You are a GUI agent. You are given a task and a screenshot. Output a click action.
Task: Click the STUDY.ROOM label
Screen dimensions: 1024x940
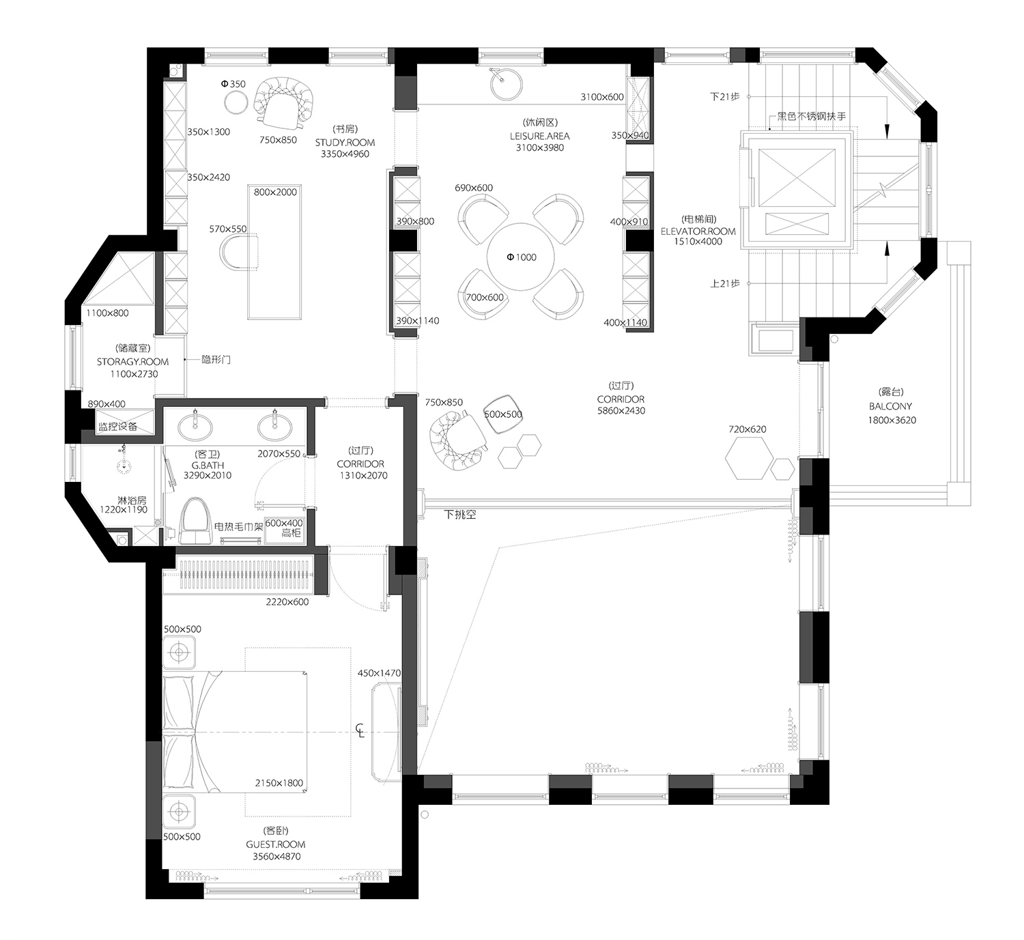[x=345, y=143]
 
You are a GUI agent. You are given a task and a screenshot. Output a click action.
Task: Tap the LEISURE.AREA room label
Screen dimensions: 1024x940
[x=539, y=137]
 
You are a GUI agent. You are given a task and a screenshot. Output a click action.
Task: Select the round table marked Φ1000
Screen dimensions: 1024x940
[x=521, y=257]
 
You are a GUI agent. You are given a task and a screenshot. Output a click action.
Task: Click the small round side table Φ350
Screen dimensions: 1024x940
[x=236, y=103]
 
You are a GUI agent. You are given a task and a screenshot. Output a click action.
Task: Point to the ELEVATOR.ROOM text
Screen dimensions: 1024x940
[x=698, y=231]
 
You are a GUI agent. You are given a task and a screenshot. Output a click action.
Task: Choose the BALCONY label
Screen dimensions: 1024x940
[x=891, y=406]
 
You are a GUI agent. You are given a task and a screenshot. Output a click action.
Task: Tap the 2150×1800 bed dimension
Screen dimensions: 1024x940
[x=279, y=783]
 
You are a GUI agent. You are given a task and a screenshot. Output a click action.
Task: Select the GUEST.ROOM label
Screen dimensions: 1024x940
[x=276, y=844]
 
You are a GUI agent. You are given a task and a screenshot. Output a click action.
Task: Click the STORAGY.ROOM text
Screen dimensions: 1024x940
[x=132, y=362]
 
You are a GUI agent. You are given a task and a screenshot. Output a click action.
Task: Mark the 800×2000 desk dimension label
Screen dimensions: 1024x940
[x=275, y=192]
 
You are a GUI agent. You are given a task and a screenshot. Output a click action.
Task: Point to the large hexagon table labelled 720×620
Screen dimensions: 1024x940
[x=748, y=459]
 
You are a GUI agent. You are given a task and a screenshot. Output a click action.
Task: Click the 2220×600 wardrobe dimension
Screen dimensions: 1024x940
[x=287, y=602]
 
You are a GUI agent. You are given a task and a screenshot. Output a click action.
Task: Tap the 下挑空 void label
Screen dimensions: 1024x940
[x=459, y=515]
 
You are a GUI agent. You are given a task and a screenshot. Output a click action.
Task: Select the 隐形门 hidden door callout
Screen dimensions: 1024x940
[x=216, y=360]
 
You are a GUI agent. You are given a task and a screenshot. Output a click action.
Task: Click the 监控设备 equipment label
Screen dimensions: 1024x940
[x=118, y=427]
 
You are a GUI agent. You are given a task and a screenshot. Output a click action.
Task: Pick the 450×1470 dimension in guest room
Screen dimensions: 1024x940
[x=379, y=673]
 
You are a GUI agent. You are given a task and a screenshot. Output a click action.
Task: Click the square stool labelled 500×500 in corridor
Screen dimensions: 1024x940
[x=503, y=414]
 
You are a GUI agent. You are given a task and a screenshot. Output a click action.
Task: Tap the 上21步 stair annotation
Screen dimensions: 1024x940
[x=724, y=283]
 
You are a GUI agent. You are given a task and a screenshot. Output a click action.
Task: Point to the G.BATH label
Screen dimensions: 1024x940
[x=208, y=465]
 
